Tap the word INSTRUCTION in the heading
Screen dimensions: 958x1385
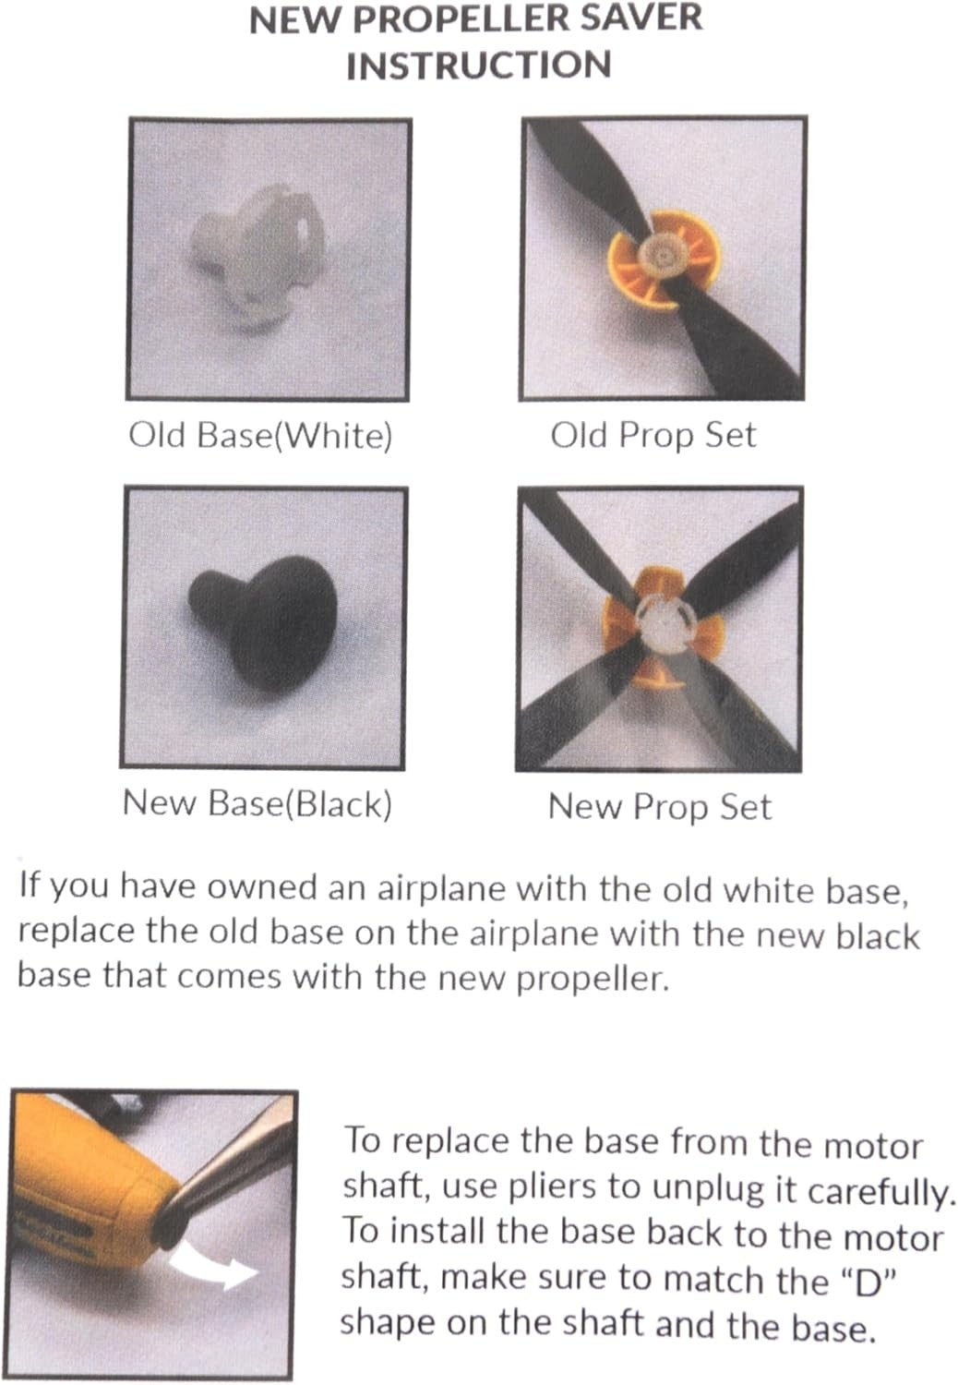(x=479, y=66)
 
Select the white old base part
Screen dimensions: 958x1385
(x=254, y=255)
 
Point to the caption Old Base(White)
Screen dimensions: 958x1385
(x=260, y=435)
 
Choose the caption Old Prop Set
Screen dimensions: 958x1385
(x=653, y=435)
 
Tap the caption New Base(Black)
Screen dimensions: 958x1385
(x=257, y=803)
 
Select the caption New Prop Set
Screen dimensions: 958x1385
(x=660, y=807)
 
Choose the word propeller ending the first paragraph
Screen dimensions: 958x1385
(x=593, y=980)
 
